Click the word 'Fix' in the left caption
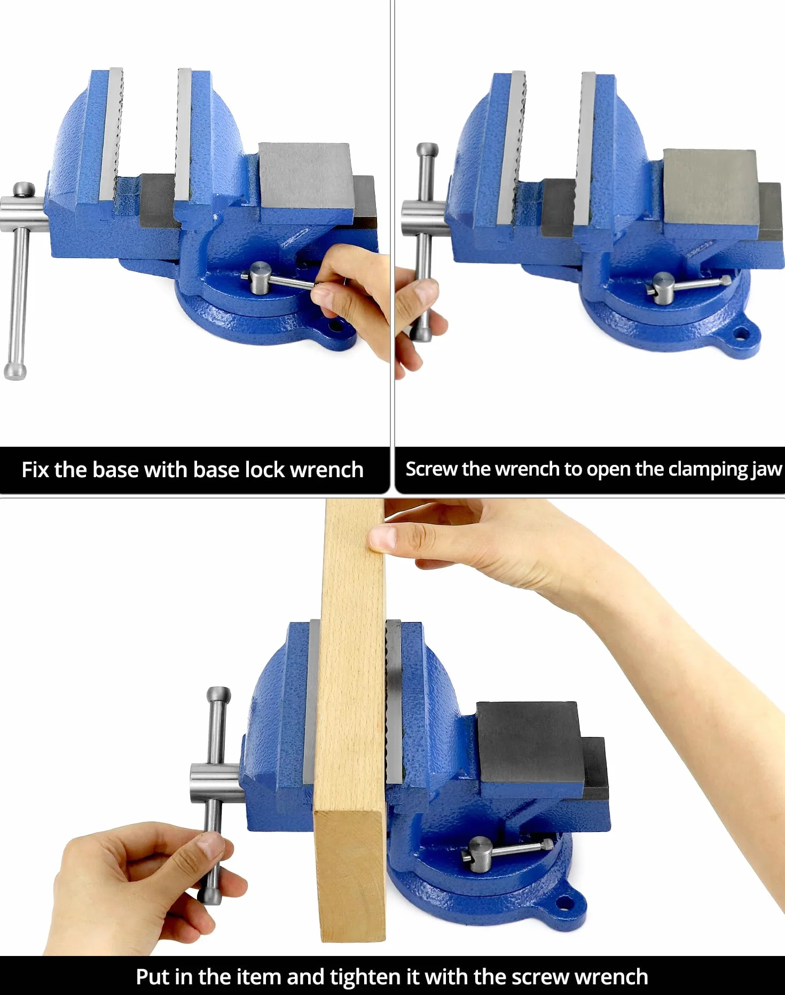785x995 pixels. tap(35, 470)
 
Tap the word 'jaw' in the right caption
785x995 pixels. tap(767, 470)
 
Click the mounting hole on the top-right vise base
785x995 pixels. tap(741, 335)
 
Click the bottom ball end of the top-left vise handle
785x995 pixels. tap(15, 371)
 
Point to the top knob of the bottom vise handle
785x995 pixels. tap(218, 694)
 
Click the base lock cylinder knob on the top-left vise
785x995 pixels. tap(260, 278)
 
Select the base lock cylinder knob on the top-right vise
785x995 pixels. tap(663, 289)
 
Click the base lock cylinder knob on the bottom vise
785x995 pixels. tap(480, 854)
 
